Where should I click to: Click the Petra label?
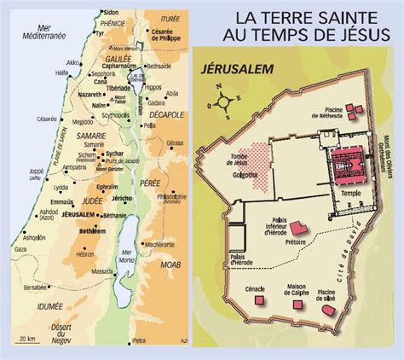click(138, 343)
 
